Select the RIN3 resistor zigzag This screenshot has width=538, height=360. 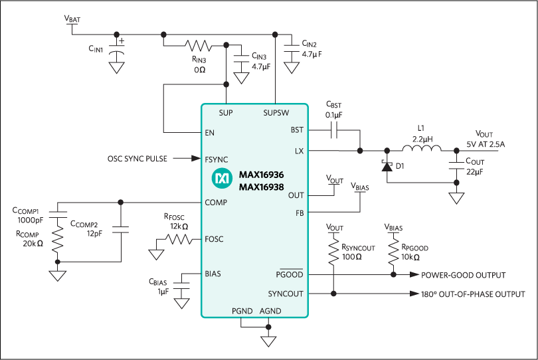(x=198, y=46)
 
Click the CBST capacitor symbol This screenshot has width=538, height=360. (x=334, y=132)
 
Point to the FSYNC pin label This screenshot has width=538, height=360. (x=217, y=159)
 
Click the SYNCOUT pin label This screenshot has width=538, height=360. (x=286, y=293)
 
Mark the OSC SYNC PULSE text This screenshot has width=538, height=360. (x=137, y=159)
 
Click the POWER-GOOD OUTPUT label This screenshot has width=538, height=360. (x=463, y=275)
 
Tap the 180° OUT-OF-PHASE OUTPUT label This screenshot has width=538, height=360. (x=473, y=294)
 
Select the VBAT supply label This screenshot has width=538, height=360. (x=72, y=20)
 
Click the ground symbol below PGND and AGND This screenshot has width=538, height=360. (x=268, y=341)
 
